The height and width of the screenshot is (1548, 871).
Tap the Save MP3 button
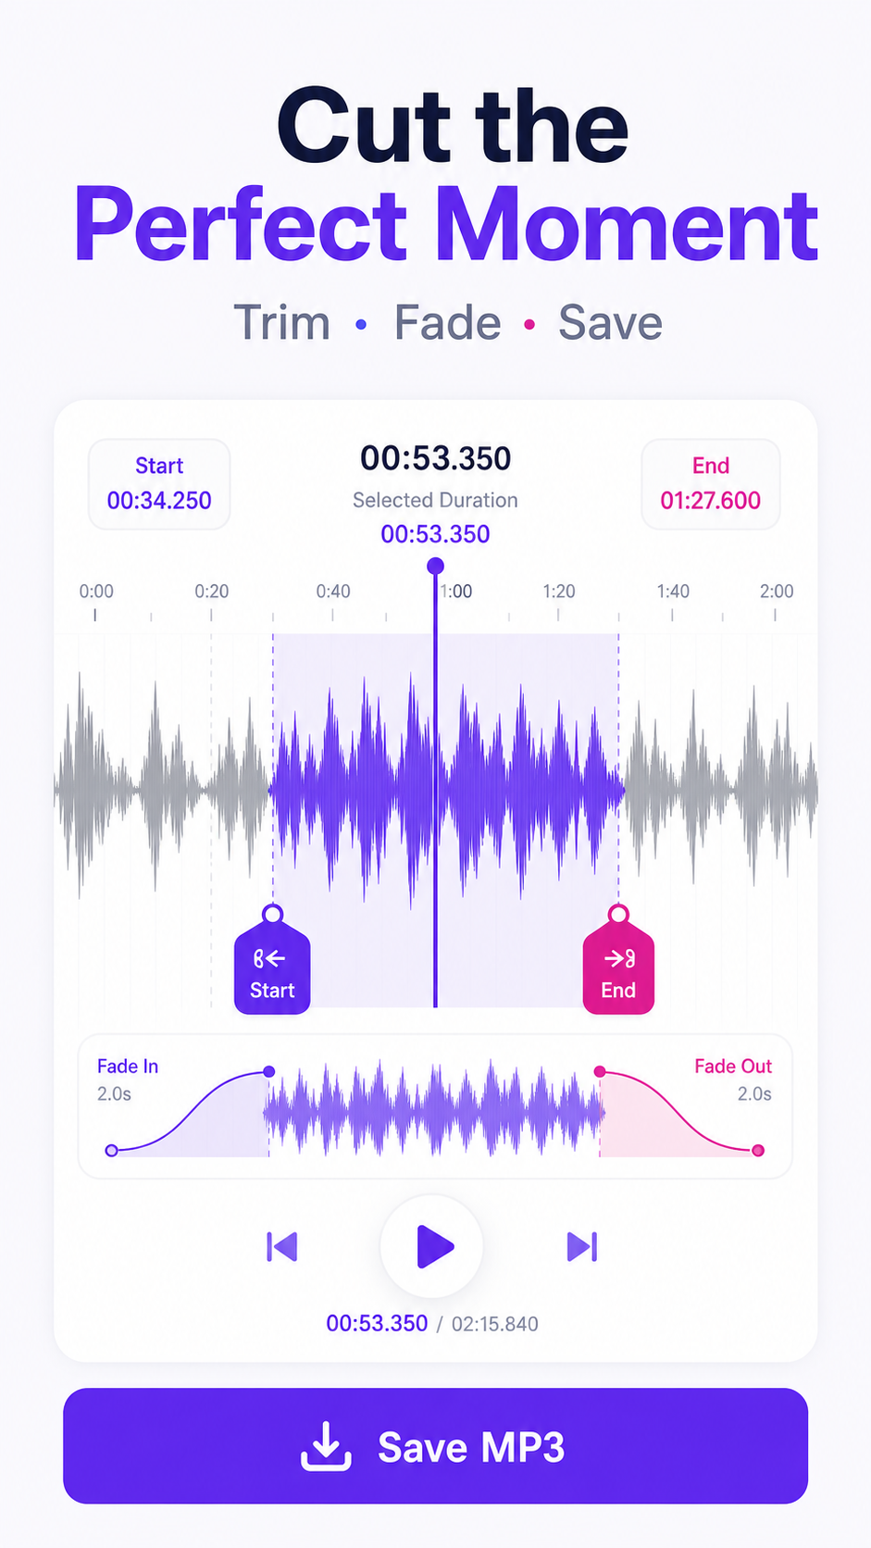(435, 1446)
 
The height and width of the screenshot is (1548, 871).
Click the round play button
(432, 1246)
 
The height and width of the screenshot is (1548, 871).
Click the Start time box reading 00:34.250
(159, 483)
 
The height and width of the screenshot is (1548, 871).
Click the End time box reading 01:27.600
(711, 483)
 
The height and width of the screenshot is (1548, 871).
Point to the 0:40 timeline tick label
(333, 592)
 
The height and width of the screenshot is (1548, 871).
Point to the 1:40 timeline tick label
(673, 592)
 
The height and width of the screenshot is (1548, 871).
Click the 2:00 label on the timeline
(777, 592)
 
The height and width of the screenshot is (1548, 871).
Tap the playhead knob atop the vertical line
(435, 567)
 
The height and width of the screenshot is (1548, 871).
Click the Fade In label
(128, 1067)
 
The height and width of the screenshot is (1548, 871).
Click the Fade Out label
(733, 1067)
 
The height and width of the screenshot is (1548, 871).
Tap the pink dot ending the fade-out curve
(758, 1151)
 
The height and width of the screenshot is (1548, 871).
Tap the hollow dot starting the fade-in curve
(111, 1151)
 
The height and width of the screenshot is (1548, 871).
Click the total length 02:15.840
(494, 1324)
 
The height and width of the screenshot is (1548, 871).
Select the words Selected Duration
(435, 500)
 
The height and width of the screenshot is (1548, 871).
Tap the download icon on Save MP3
(326, 1446)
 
